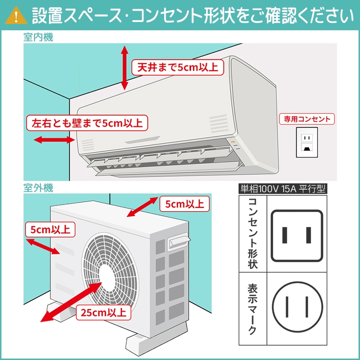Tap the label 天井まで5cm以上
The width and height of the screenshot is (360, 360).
tap(178, 67)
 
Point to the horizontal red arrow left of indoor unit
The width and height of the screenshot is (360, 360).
tap(53, 140)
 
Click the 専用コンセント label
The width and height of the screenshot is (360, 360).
tap(307, 119)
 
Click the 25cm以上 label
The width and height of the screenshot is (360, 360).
tap(103, 313)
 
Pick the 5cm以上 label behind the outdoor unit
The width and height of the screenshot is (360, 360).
tap(184, 204)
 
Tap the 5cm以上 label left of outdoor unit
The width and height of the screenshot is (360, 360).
tap(50, 229)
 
